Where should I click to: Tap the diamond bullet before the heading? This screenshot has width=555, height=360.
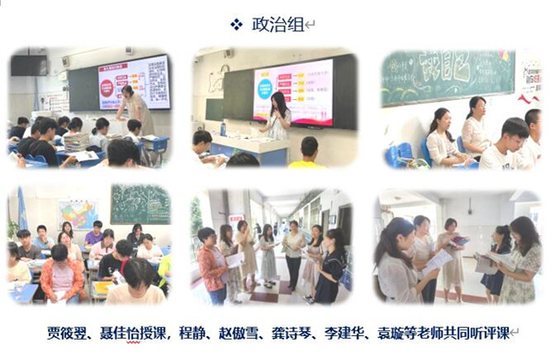(x=237, y=24)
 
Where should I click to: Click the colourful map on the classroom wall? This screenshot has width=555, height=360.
(x=78, y=214)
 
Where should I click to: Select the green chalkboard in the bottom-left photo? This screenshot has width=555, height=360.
(x=140, y=203)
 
